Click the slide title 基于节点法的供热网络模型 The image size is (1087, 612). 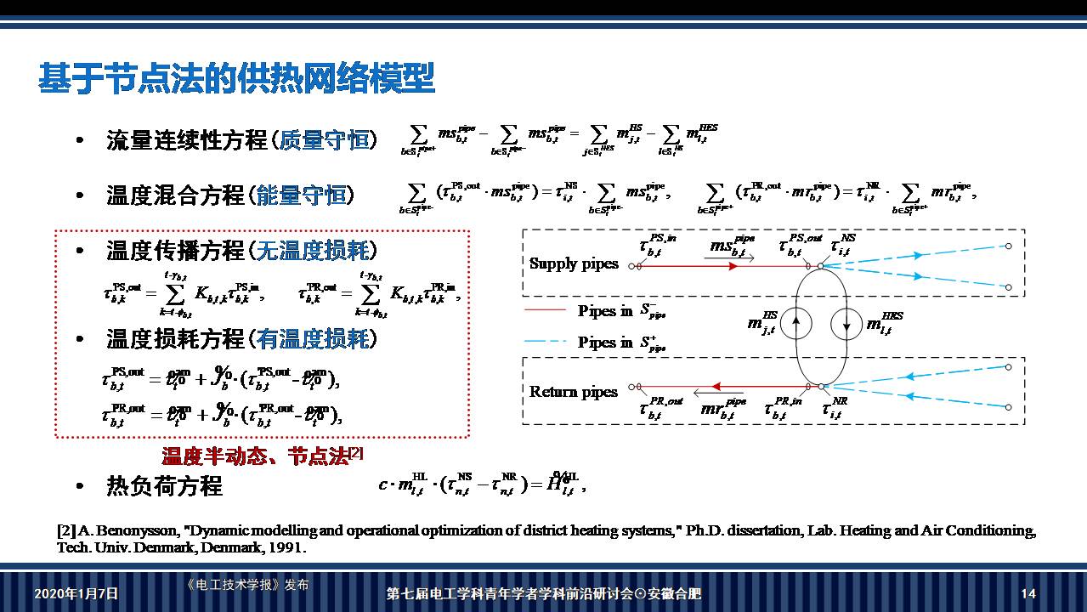[x=236, y=78]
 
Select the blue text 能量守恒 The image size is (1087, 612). [x=301, y=195]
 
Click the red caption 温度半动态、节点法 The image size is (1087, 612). [x=255, y=456]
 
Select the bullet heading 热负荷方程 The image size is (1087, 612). [x=164, y=485]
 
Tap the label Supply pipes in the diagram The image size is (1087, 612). [x=574, y=263]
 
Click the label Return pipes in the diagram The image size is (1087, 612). [x=573, y=392]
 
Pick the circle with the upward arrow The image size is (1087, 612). [x=796, y=323]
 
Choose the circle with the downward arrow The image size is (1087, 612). [x=847, y=323]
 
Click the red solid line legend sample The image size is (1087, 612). [x=546, y=310]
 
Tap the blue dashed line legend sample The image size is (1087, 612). [x=546, y=342]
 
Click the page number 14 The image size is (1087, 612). [x=1028, y=593]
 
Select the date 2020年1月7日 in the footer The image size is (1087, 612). [x=76, y=593]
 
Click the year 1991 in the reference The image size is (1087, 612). [x=286, y=547]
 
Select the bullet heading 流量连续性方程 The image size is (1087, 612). [x=187, y=140]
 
